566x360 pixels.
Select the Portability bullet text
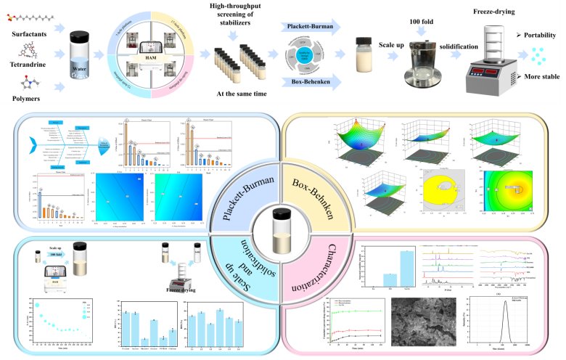[538, 34]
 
